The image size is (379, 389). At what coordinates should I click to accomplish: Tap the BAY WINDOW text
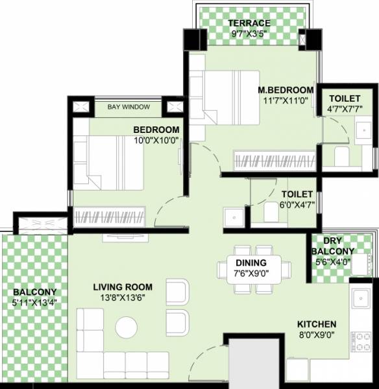(128, 107)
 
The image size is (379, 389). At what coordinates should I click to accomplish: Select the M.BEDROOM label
(286, 89)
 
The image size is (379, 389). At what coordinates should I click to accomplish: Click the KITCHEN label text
(317, 324)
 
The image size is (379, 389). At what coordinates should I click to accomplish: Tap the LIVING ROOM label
(122, 287)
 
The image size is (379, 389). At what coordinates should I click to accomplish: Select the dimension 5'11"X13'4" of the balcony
(34, 302)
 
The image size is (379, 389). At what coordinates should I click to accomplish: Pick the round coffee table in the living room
(127, 327)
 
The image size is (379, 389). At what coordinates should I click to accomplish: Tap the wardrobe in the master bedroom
(273, 159)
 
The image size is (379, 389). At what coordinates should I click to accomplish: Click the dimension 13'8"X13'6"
(122, 298)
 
